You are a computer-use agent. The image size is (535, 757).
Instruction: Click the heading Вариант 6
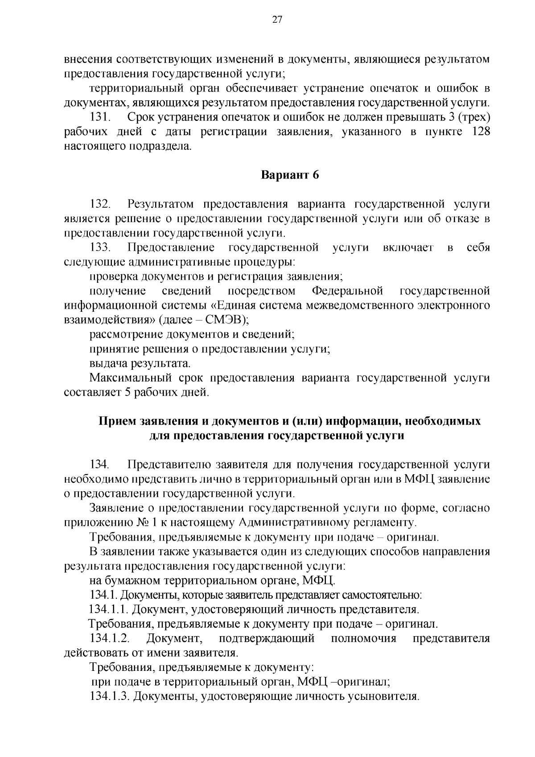[x=290, y=175]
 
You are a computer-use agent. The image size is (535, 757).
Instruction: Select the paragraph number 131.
[x=100, y=117]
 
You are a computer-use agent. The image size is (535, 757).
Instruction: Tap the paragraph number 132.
[x=100, y=204]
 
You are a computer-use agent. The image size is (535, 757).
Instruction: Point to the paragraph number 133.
[x=100, y=248]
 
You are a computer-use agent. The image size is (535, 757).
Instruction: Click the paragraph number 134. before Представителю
[x=100, y=465]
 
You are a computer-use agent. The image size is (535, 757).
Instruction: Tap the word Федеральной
[x=347, y=291]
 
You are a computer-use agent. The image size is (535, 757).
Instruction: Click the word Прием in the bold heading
[x=118, y=421]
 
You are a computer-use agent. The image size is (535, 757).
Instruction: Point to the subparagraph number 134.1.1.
[x=109, y=609]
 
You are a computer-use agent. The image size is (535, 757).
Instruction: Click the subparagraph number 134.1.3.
[x=109, y=696]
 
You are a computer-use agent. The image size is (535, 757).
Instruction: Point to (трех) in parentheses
[x=473, y=117]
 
